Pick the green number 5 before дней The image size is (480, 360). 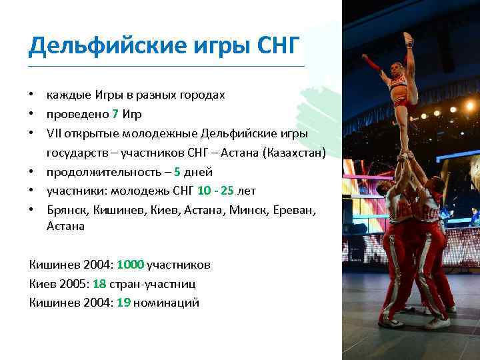click(177, 171)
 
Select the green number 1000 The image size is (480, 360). click(140, 265)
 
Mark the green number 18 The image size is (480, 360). click(99, 283)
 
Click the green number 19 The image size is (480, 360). click(123, 303)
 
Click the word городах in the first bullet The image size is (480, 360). click(200, 95)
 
